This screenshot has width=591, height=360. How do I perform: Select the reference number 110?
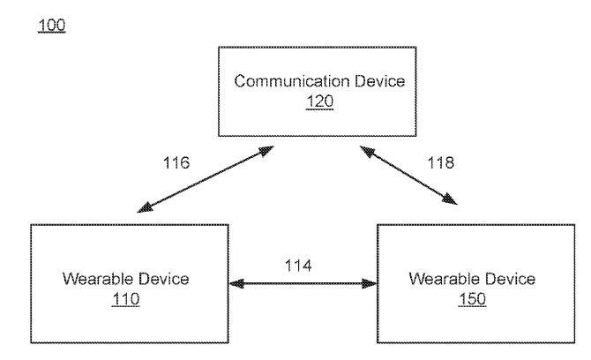coord(127,298)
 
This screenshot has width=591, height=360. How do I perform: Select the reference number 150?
coord(472,298)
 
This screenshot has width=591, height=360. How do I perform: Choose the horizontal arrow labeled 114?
coord(301,284)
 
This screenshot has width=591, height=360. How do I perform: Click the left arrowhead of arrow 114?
coord(233,284)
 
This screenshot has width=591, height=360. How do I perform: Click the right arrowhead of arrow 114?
coord(370,284)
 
